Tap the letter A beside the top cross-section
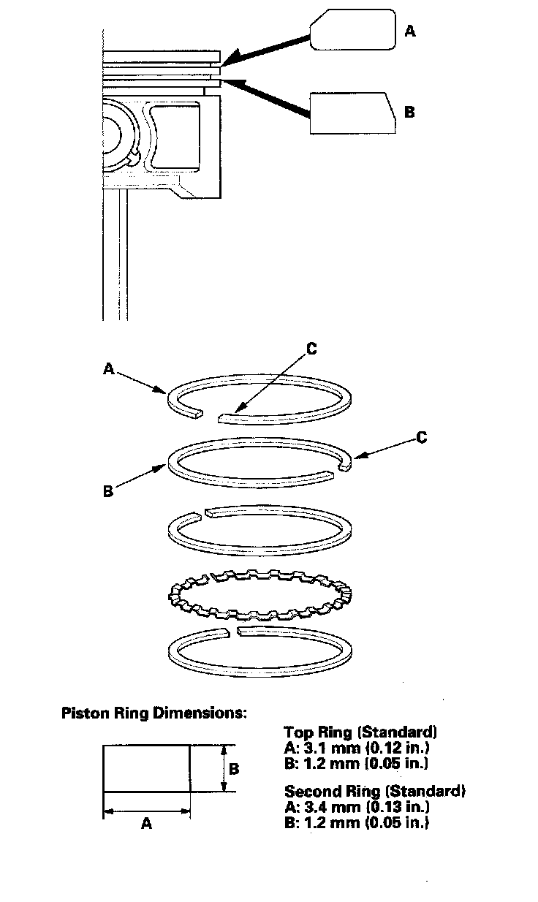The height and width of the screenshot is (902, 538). pos(410,31)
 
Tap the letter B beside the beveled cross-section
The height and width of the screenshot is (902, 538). pos(409,113)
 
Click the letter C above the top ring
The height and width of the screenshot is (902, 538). pos(311,349)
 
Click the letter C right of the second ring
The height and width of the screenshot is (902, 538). pos(421,437)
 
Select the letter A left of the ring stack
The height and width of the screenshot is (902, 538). pos(109,371)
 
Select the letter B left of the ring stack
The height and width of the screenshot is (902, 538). pos(108,492)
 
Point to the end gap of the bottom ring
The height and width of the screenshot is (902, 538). pos(232,630)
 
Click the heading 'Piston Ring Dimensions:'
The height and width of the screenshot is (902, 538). pos(154,713)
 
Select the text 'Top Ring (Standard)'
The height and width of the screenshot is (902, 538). pos(360,732)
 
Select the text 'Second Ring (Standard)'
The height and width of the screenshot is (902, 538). pos(375,791)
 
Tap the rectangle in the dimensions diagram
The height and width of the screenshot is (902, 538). pos(146,768)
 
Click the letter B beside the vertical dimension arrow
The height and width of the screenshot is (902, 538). pos(235,769)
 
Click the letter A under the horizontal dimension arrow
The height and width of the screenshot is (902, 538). pos(146,824)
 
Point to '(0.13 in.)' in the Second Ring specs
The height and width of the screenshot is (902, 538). pos(387,807)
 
